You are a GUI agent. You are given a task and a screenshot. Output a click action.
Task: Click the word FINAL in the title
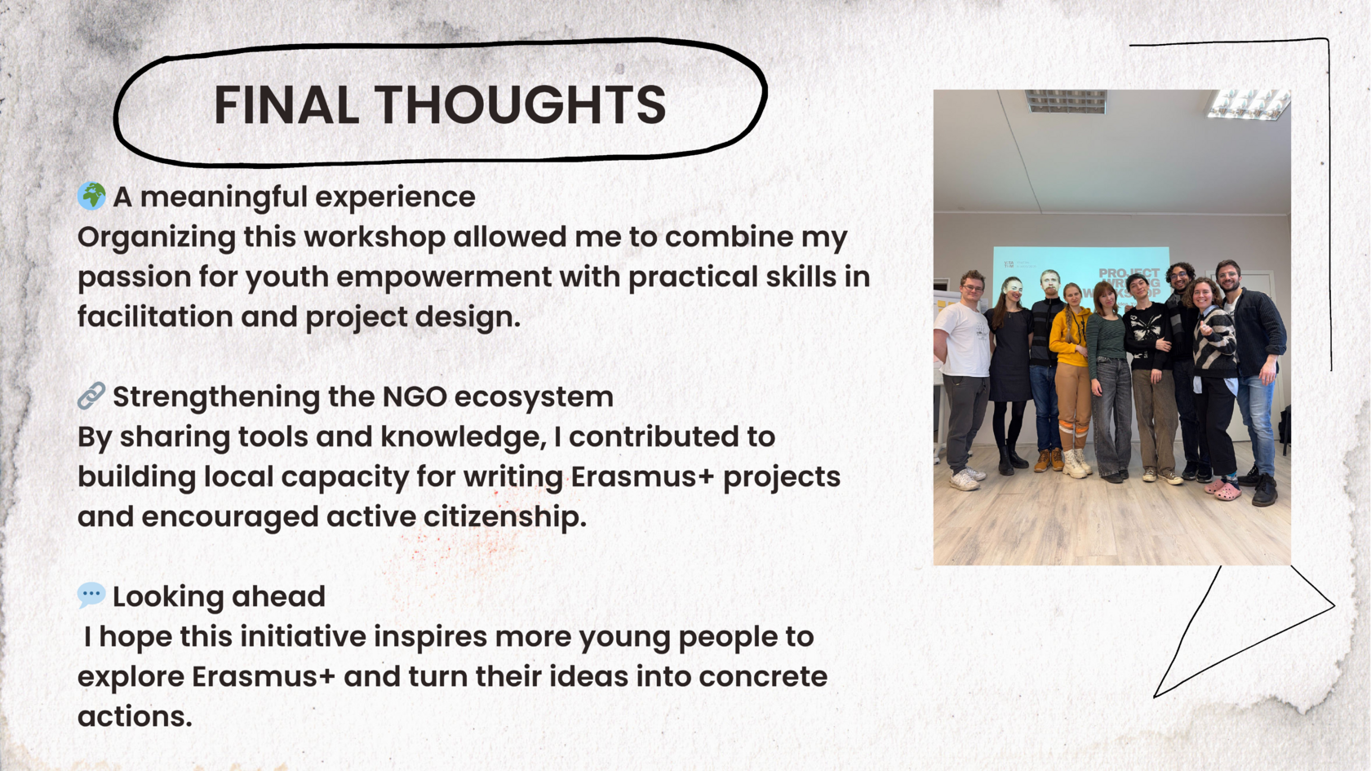pos(286,104)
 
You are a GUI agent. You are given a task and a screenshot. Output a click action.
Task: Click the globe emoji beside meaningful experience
pos(91,197)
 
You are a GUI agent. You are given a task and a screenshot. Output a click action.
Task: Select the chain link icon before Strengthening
pos(91,396)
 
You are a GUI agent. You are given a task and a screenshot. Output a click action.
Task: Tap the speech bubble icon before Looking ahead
pos(91,595)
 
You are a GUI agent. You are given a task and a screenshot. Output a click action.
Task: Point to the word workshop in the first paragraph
pos(344,237)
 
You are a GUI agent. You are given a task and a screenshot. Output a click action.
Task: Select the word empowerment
pos(444,277)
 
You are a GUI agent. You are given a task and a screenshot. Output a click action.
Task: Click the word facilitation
pos(155,317)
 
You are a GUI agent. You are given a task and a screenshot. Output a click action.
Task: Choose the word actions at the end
pos(135,716)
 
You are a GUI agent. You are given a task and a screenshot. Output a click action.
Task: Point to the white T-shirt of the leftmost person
pos(963,339)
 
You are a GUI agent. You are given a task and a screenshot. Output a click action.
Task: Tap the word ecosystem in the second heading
pos(534,397)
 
